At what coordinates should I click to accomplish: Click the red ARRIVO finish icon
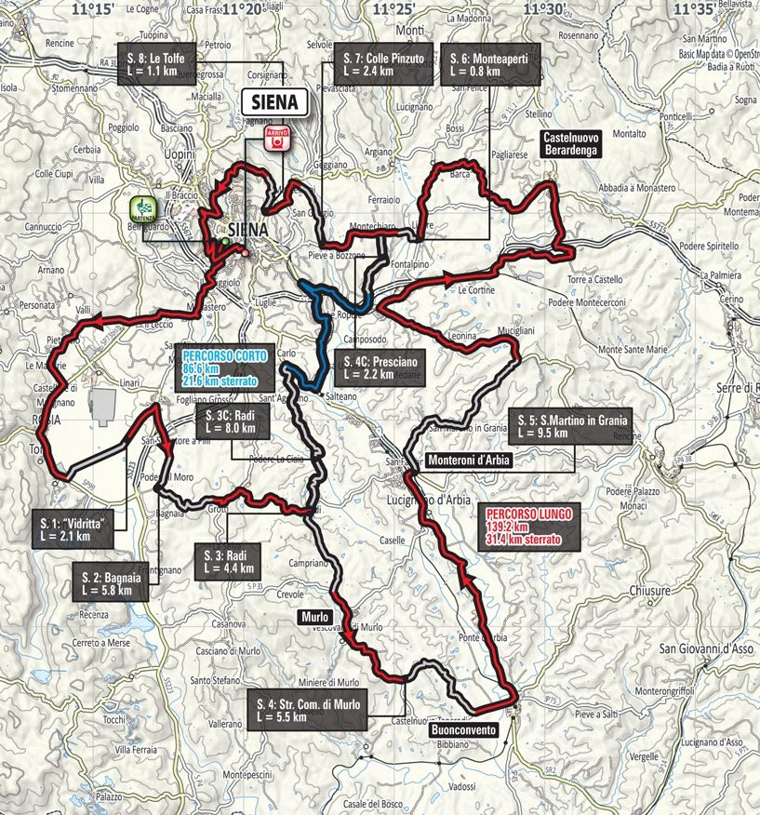tap(276, 140)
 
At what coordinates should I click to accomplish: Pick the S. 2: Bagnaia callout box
tap(115, 582)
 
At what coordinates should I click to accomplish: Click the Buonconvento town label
tap(464, 731)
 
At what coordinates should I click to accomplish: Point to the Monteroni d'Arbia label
tap(470, 459)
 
